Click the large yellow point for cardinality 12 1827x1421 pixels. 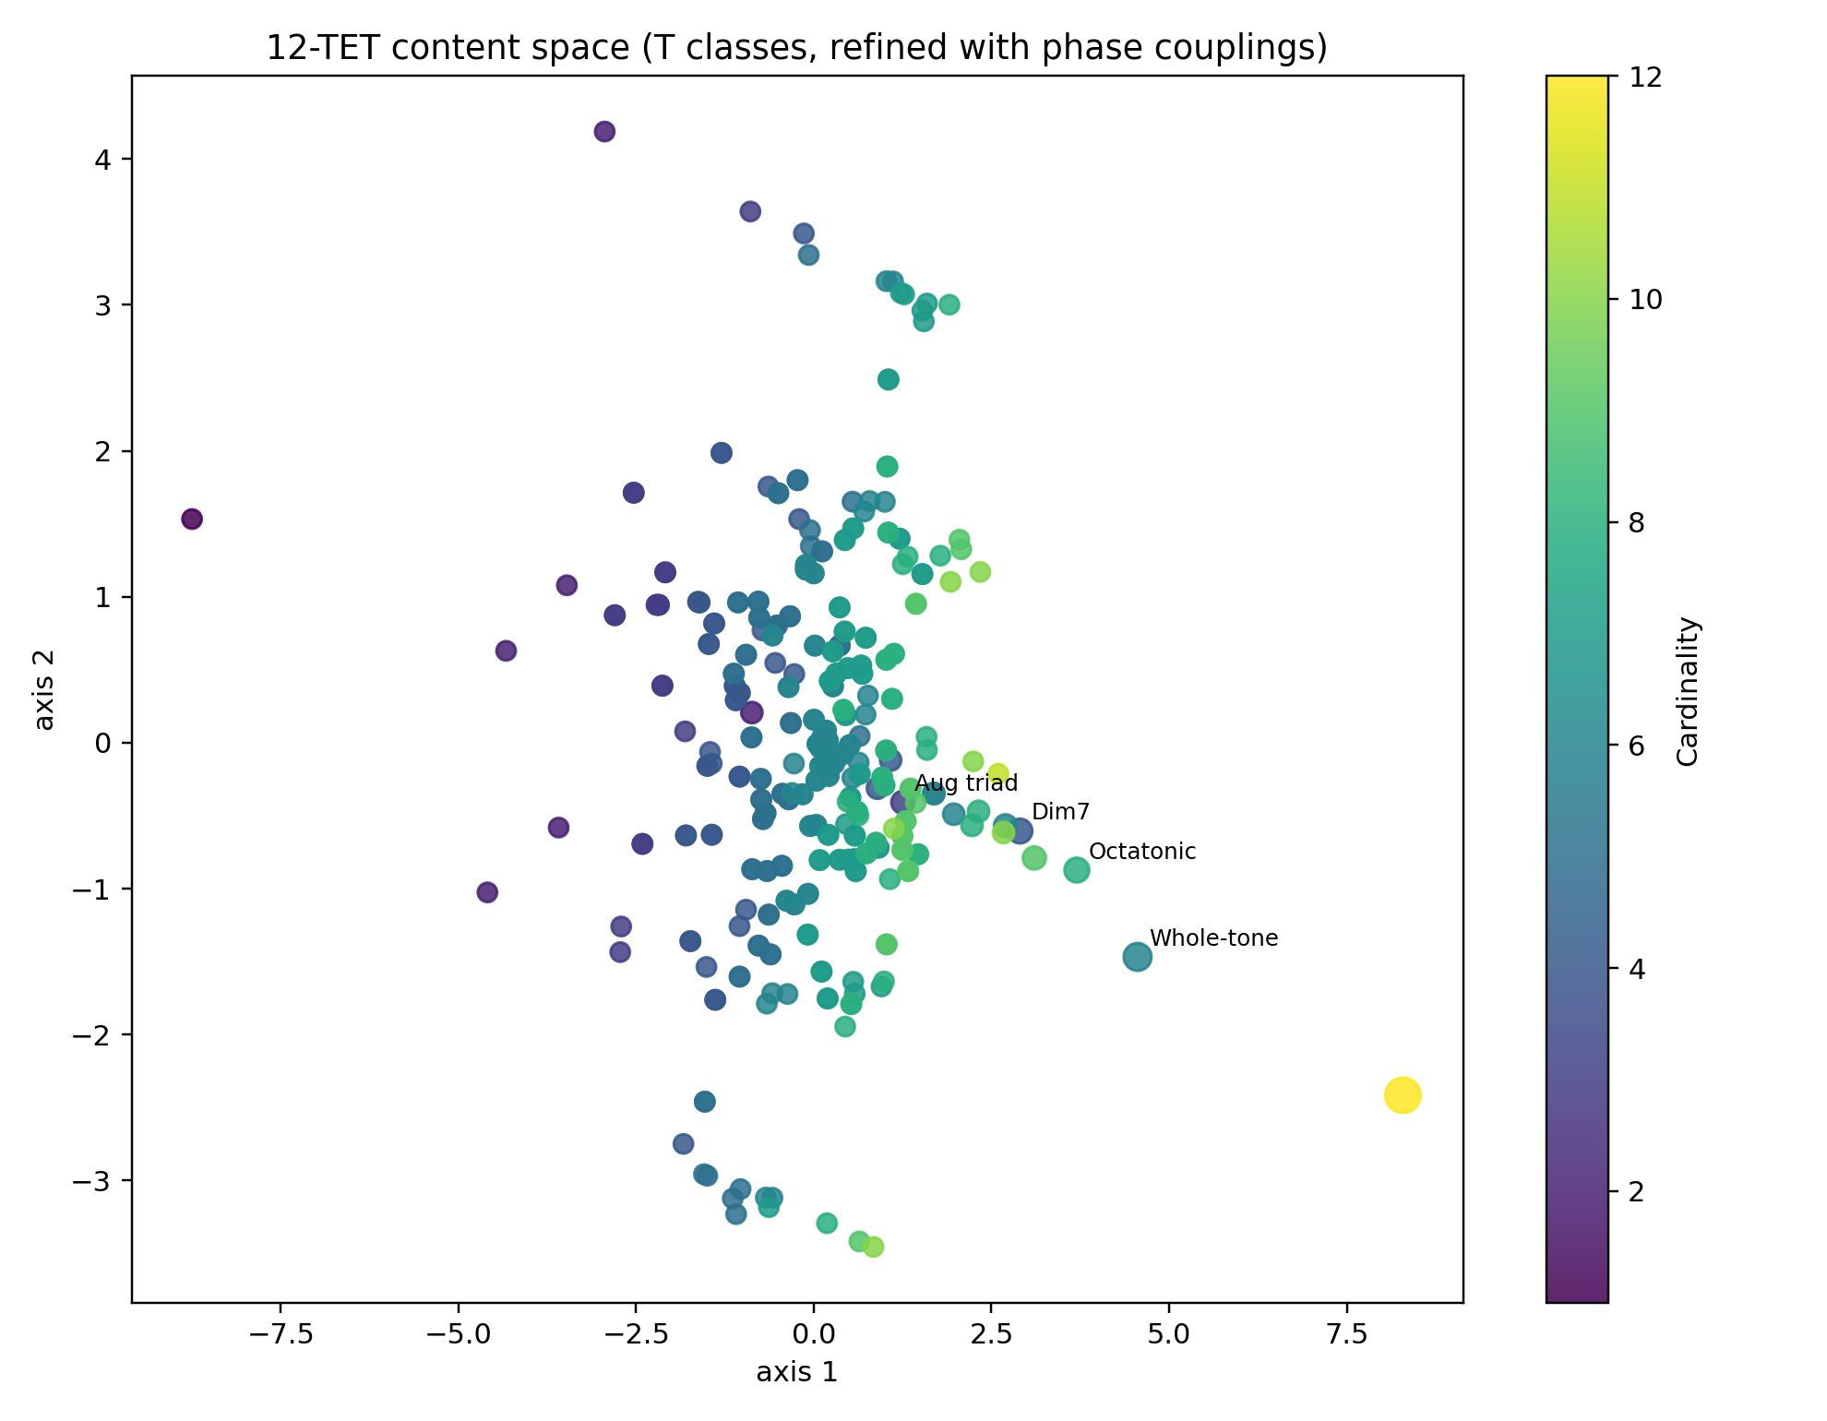pos(1402,1095)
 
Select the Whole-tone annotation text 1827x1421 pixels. pos(1213,938)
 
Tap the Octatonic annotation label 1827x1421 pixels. pos(1141,852)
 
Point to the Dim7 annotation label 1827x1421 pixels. pos(1060,812)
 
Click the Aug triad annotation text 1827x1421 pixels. pos(966,783)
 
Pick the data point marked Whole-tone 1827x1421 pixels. pos(1137,957)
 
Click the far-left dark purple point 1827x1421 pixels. pos(192,519)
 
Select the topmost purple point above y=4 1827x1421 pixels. pos(604,131)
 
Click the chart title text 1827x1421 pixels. pos(796,47)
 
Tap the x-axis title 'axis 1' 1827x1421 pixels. pos(796,1372)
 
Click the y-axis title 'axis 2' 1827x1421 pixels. pos(44,689)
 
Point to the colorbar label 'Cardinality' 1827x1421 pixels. pos(1688,691)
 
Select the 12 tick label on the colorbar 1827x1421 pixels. pos(1646,78)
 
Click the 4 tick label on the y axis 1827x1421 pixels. pos(101,160)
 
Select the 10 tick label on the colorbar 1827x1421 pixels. pos(1646,300)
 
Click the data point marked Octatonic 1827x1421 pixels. pos(1076,869)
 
